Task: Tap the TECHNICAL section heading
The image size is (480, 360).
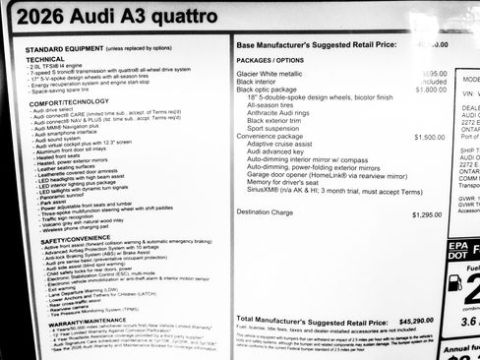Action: [x=43, y=58]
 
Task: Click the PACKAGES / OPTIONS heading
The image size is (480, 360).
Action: [x=269, y=60]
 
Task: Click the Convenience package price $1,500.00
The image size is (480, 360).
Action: [x=428, y=137]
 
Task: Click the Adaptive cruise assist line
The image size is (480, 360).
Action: [x=285, y=145]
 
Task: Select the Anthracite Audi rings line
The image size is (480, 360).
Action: [x=285, y=113]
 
